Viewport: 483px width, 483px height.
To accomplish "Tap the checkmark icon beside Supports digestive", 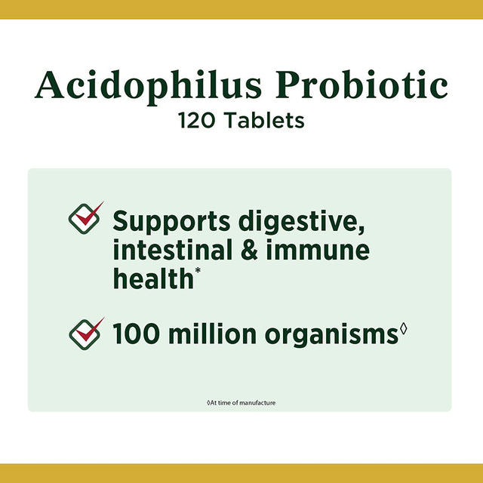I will click(x=85, y=217).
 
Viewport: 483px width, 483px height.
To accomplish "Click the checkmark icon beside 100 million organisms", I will click(x=85, y=333).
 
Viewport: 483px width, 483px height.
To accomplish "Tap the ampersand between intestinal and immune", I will click(x=252, y=250).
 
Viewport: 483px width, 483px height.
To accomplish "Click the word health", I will click(x=153, y=278).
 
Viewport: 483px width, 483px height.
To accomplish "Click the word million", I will click(x=209, y=334).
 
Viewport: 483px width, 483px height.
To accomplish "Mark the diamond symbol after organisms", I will click(x=403, y=328).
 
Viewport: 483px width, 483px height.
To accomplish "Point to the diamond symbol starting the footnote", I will click(x=208, y=402).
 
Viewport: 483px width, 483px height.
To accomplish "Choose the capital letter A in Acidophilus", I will click(x=49, y=85).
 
